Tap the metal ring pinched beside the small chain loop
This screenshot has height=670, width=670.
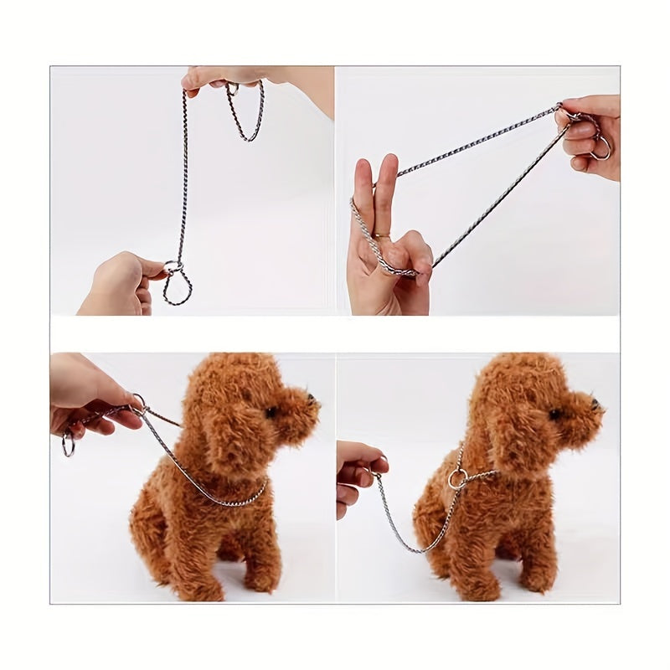(x=173, y=268)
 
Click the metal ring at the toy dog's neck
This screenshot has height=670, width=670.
(x=456, y=480)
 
